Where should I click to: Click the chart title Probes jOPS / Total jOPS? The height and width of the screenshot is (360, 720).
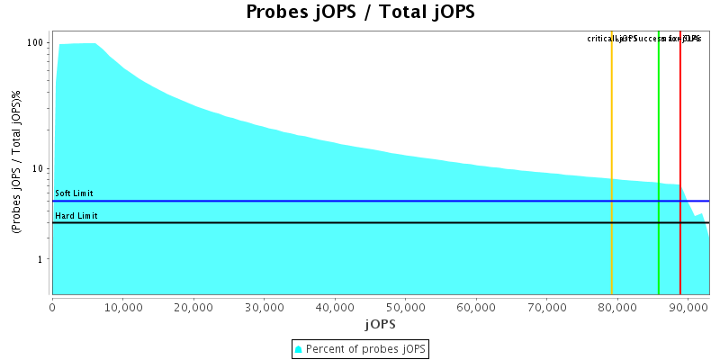coord(360,13)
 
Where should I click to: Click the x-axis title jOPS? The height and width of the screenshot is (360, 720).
coord(380,323)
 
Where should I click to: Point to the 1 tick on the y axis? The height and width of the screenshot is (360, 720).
coord(41,260)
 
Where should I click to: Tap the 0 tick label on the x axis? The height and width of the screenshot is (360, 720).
coord(53,306)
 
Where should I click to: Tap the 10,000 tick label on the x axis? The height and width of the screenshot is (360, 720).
coord(123,306)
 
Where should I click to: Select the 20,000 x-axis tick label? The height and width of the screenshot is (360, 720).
coord(193,306)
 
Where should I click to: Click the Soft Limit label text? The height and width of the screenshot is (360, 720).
coord(74,193)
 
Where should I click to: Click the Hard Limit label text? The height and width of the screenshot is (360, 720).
coord(76,215)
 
